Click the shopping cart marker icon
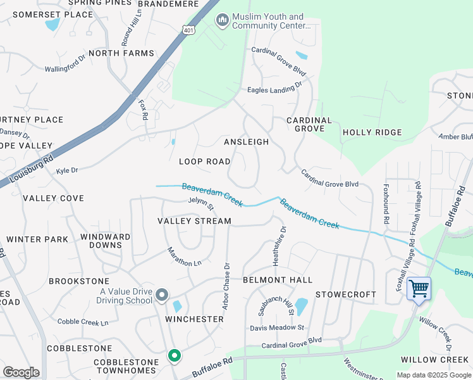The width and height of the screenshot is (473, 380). [x=419, y=289]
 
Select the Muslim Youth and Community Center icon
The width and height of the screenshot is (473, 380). [x=222, y=21]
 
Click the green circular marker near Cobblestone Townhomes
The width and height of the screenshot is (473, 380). [x=174, y=356]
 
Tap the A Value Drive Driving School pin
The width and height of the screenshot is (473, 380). [x=162, y=295]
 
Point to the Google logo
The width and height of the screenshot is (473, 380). [x=21, y=372]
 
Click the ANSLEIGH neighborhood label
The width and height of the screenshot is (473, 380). [x=246, y=142]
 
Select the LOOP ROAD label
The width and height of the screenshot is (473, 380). [x=204, y=161]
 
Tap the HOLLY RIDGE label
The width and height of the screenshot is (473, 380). [x=372, y=132]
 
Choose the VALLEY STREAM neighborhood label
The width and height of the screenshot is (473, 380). [x=194, y=221]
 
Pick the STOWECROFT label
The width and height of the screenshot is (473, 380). [x=346, y=294]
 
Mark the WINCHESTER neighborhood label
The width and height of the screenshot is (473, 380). [x=195, y=319]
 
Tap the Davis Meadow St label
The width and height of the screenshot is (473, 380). [x=277, y=327]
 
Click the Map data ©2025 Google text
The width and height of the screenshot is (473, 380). [x=433, y=375]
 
